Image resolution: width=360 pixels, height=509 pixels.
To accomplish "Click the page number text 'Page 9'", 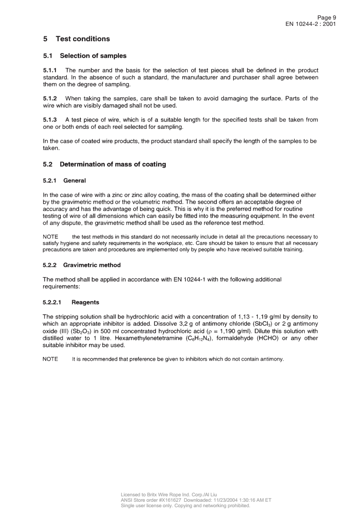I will coord(326,17).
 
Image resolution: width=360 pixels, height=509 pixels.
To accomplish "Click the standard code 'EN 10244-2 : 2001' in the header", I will coord(311,24).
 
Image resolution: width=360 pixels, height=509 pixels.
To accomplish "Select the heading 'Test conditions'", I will coord(83,39).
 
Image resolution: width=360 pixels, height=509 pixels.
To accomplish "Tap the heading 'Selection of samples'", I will coord(93,56).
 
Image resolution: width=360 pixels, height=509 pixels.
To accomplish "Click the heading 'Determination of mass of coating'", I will coord(113,164).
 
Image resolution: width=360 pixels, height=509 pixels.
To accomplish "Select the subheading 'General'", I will coord(74,181).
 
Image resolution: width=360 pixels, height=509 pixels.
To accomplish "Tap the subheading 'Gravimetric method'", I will coord(92,265).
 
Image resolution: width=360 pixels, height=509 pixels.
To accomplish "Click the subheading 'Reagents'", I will coord(85,302).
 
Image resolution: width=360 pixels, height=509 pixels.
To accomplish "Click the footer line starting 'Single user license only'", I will coord(185,505).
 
